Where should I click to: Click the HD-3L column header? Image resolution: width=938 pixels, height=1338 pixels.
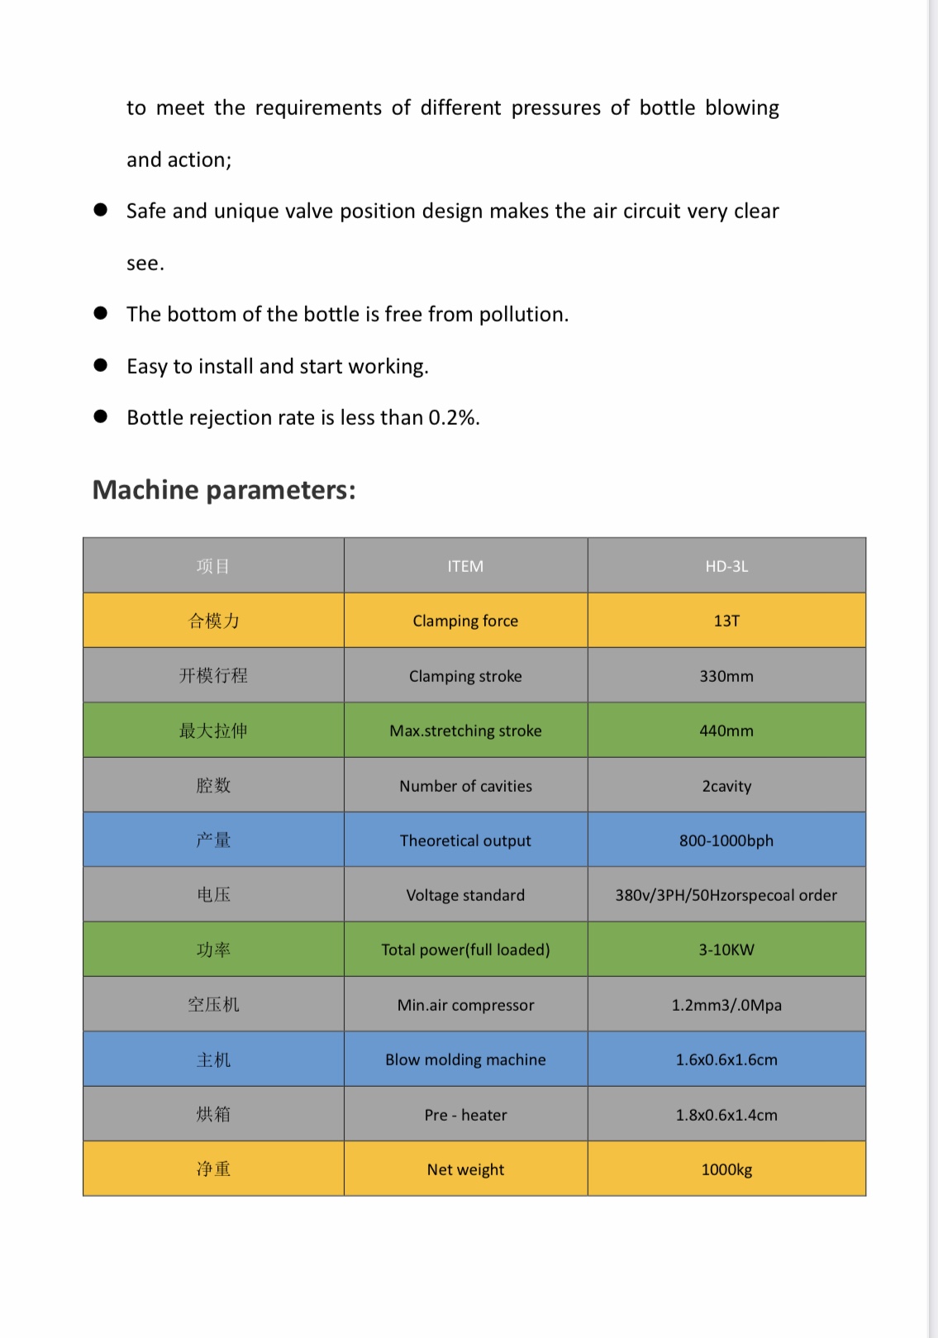(726, 566)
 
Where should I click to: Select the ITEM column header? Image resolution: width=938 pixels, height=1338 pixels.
(465, 566)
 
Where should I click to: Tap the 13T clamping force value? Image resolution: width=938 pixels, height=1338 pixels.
(726, 621)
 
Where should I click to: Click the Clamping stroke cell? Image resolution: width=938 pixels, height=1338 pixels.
(465, 676)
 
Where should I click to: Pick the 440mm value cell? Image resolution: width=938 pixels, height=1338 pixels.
(726, 731)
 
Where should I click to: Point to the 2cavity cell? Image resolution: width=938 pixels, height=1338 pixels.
(726, 786)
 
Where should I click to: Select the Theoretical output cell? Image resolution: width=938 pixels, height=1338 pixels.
(465, 840)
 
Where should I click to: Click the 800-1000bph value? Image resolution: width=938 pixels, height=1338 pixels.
(726, 840)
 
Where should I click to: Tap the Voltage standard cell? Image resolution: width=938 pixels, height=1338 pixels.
(465, 895)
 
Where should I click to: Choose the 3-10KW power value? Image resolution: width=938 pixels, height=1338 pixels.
(726, 950)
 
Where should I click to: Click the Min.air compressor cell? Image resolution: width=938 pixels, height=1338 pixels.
(465, 1005)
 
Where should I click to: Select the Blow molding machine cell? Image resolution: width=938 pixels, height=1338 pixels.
(465, 1059)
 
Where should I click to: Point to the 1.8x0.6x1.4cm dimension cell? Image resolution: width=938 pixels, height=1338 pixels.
(726, 1115)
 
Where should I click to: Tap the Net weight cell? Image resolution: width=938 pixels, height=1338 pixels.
(465, 1169)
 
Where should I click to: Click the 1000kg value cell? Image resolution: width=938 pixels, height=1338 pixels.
(726, 1169)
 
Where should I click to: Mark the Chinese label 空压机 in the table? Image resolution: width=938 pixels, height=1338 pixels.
(213, 1005)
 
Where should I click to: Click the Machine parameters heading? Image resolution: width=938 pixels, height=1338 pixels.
(224, 490)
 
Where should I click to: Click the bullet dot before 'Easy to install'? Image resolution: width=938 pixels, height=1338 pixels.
(101, 365)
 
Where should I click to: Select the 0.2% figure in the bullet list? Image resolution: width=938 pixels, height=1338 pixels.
(452, 418)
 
